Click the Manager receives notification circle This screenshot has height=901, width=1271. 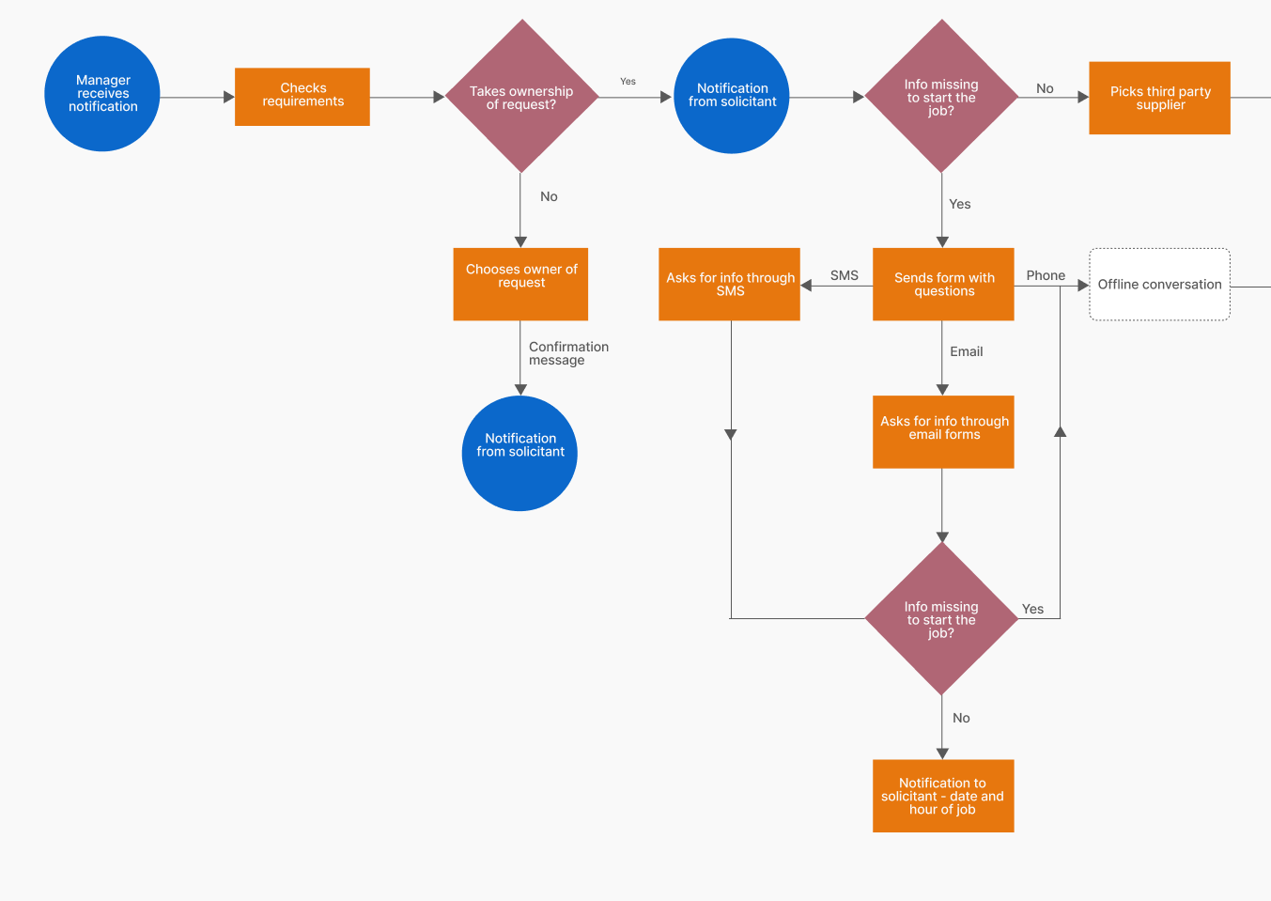(x=102, y=94)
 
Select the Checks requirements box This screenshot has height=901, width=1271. (x=302, y=97)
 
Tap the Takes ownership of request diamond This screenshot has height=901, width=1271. (x=522, y=96)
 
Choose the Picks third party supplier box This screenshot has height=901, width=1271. (x=1160, y=98)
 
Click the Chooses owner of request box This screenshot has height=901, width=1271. (x=520, y=285)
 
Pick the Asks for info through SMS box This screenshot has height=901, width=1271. (x=729, y=285)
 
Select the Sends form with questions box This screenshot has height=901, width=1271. (x=943, y=285)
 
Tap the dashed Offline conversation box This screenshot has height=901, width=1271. (x=1160, y=285)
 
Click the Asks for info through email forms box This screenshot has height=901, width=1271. (x=943, y=432)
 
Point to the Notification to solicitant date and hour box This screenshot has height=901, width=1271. (x=943, y=796)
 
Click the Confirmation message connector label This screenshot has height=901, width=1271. (x=568, y=353)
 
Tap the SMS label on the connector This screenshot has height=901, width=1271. (x=845, y=275)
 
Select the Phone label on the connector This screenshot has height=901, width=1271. (x=1046, y=275)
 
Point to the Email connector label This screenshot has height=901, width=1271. (x=967, y=351)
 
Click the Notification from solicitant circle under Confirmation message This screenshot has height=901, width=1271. (x=519, y=454)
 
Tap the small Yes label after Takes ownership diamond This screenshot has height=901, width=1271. (x=628, y=81)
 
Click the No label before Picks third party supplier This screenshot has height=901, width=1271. (x=1045, y=88)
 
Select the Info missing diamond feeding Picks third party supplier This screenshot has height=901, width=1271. (x=942, y=96)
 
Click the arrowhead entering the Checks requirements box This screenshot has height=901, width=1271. (x=229, y=97)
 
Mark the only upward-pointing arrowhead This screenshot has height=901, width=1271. (x=1060, y=432)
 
